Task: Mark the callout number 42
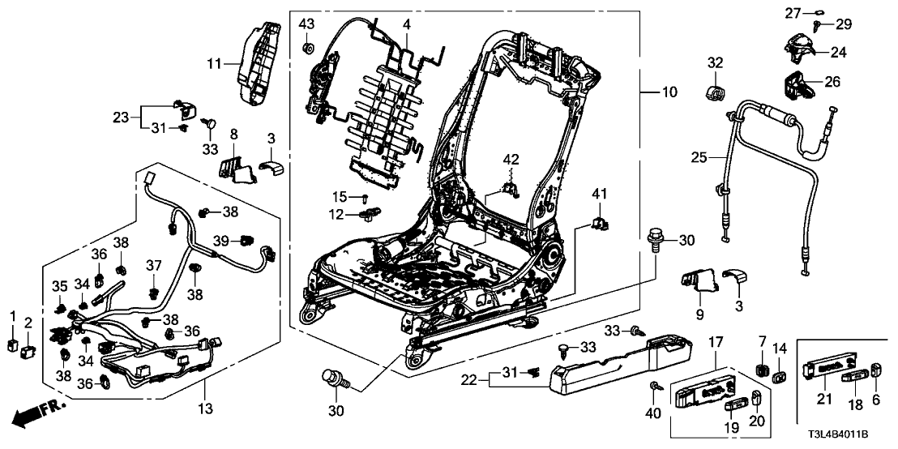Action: coord(511,159)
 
